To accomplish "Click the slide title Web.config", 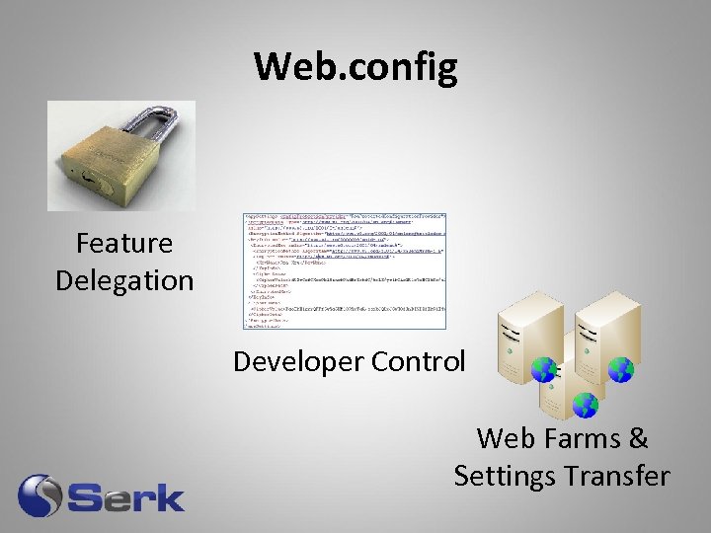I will click(x=355, y=67).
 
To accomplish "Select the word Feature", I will click(x=124, y=244).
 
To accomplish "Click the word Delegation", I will click(x=124, y=280).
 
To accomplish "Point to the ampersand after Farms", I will click(x=638, y=437).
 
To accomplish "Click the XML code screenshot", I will click(x=345, y=269).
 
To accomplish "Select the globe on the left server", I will click(x=544, y=370).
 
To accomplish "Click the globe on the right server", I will click(x=620, y=370).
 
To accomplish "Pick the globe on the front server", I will click(x=586, y=405).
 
